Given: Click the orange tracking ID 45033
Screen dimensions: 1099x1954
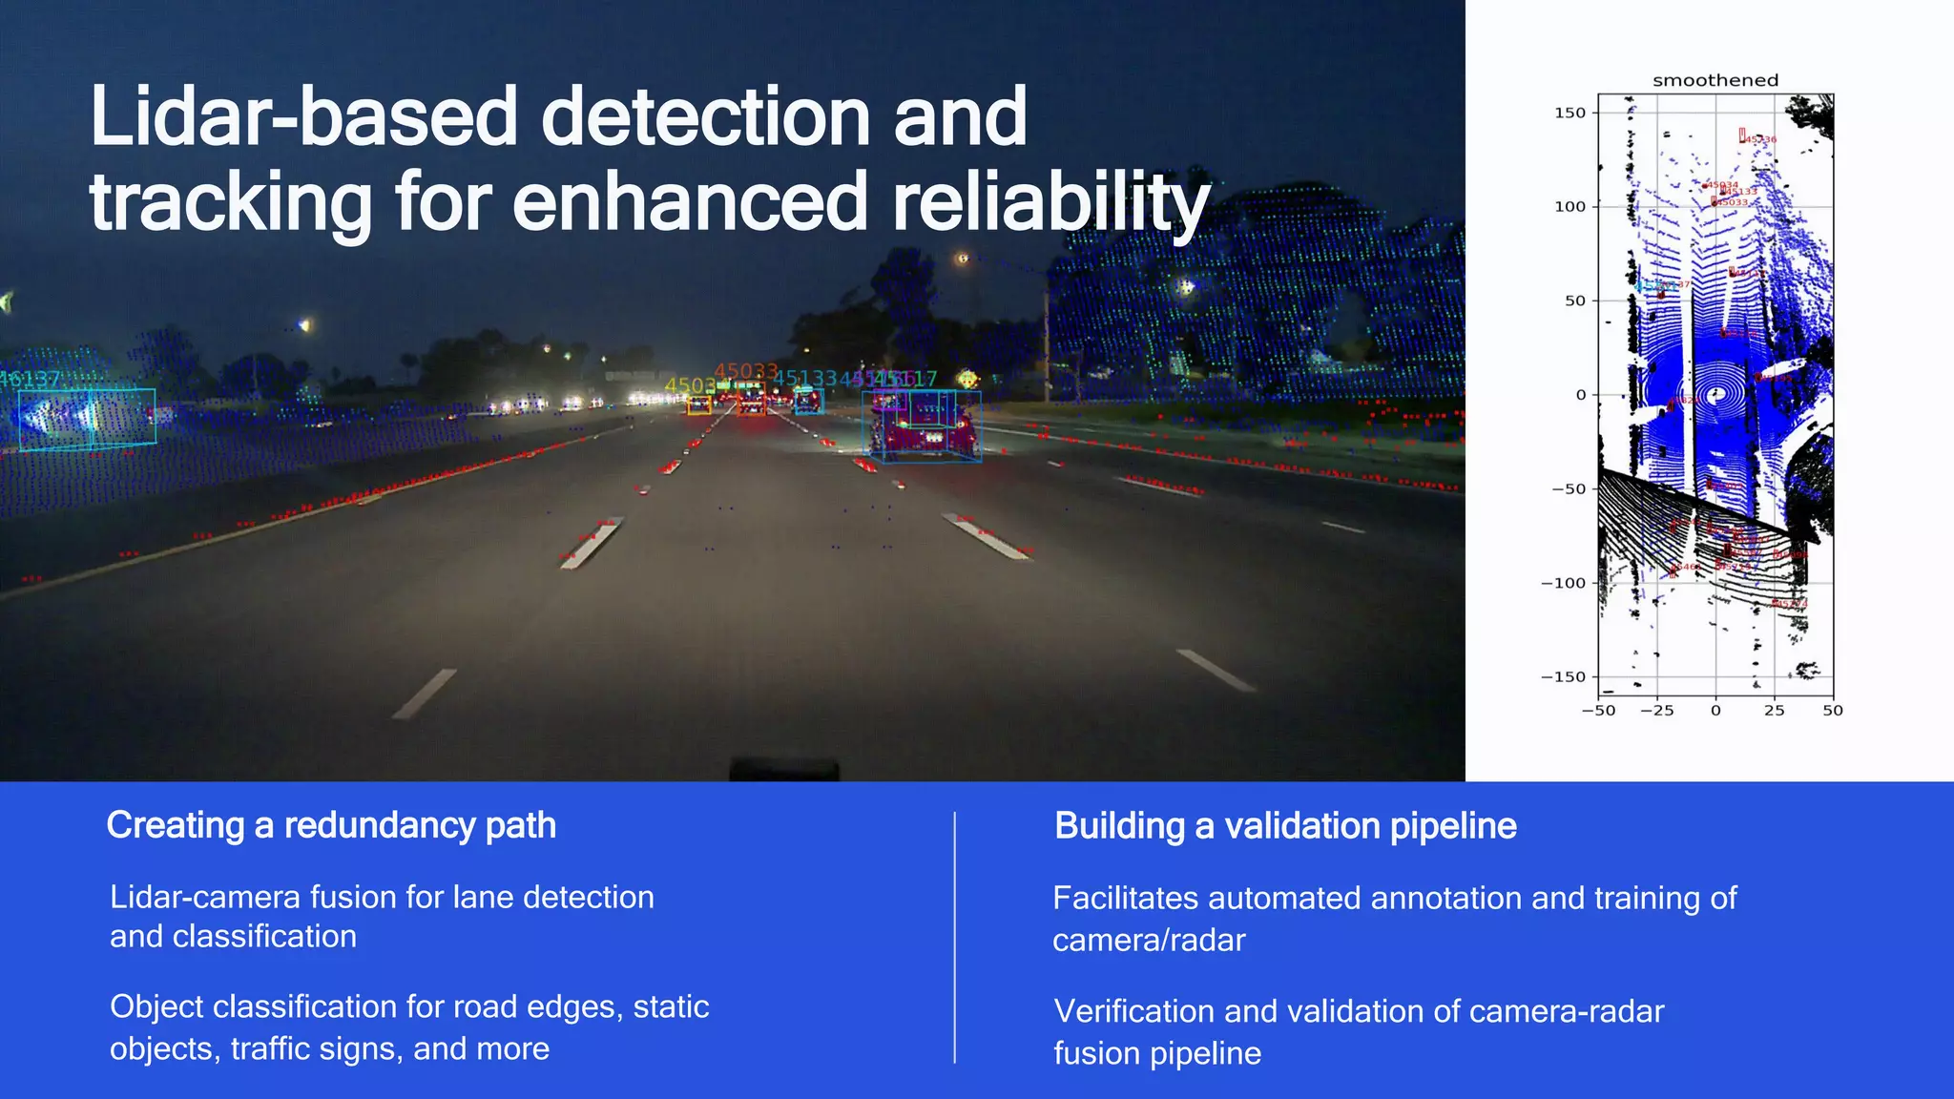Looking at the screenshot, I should pos(745,371).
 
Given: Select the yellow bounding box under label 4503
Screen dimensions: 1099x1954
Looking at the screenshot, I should pos(699,405).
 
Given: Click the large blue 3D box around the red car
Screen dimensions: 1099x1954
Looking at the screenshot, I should pos(923,427).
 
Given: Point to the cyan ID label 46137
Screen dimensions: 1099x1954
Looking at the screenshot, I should pos(31,379).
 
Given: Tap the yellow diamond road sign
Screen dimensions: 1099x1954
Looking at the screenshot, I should pos(967,380).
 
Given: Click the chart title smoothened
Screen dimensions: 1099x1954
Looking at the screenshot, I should pos(1715,80).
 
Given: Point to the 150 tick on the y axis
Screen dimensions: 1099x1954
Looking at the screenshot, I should pos(1569,113).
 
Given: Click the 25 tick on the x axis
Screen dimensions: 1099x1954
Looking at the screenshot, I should pos(1774,711).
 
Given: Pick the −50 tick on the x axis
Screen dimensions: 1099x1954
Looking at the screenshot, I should pos(1598,711).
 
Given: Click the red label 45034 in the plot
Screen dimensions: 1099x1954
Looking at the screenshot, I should pos(1722,185).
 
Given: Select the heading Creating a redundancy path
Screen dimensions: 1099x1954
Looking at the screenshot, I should pos(331,825).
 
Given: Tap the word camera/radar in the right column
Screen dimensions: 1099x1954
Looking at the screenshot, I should pos(1149,941).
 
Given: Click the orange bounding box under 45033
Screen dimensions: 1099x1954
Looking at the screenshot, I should pos(751,401).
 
